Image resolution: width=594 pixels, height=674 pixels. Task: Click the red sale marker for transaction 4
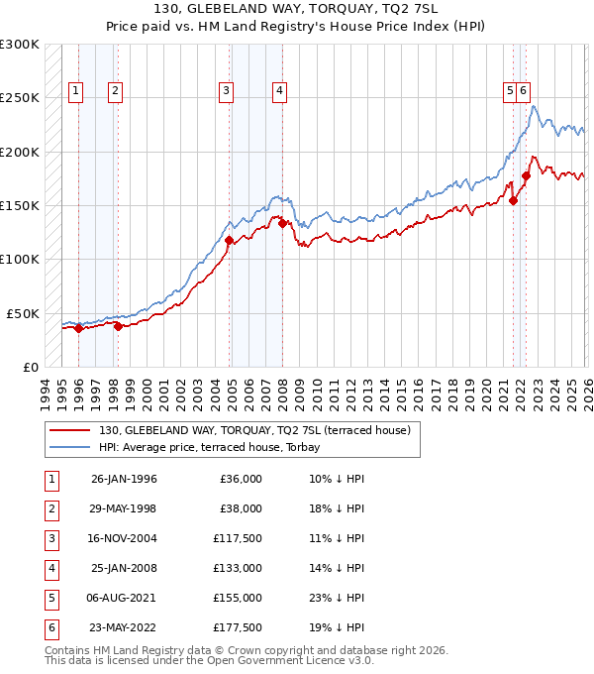[x=282, y=223]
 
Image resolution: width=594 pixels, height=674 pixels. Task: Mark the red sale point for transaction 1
[x=78, y=328]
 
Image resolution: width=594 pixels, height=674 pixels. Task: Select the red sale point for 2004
[x=229, y=240]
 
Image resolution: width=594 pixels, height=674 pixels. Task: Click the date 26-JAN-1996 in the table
[x=124, y=479]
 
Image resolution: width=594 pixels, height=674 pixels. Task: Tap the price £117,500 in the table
[x=237, y=538]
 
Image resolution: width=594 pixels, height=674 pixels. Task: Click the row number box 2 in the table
[x=49, y=508]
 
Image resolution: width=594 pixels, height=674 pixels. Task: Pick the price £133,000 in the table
[x=237, y=568]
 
